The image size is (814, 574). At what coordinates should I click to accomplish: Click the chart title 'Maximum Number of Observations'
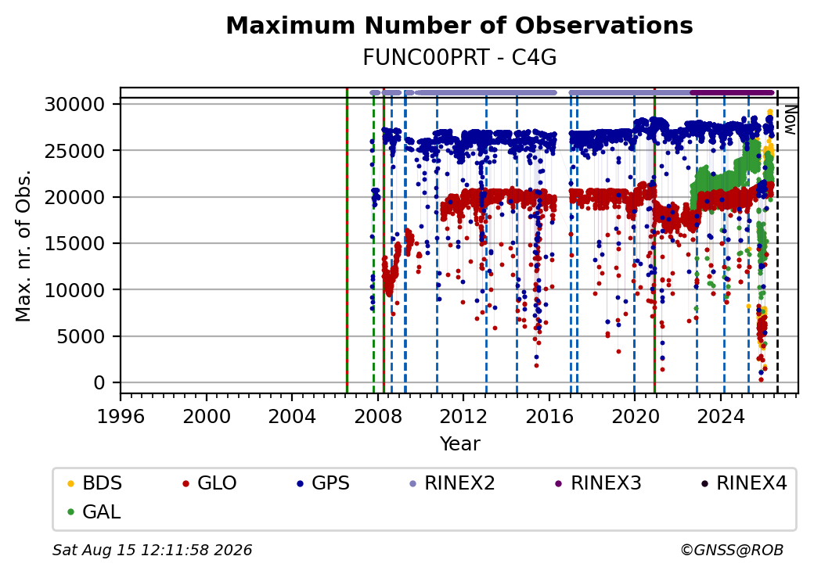(x=459, y=25)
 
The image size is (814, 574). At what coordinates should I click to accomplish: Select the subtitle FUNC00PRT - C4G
(x=459, y=58)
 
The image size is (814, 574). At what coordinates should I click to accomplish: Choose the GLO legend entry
(x=210, y=483)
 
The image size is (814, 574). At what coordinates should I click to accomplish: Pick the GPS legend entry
(x=323, y=483)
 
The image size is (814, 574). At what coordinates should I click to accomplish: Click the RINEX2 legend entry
(x=452, y=483)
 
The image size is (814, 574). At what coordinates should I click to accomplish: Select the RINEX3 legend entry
(x=599, y=483)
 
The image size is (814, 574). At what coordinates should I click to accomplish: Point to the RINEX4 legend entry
(x=744, y=483)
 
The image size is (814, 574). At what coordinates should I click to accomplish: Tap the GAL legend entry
(x=95, y=511)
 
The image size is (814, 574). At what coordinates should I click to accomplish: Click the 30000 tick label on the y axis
(x=75, y=105)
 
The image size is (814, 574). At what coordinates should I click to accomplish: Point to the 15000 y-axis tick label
(x=75, y=244)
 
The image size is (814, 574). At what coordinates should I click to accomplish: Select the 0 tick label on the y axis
(x=99, y=383)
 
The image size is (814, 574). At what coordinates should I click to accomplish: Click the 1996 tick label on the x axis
(x=121, y=416)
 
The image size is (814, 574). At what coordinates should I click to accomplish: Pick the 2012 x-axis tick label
(x=463, y=416)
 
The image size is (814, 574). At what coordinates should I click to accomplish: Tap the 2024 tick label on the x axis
(x=721, y=416)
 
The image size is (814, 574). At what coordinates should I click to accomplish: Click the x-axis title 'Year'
(x=460, y=444)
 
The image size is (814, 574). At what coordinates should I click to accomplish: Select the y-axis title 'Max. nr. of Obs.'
(x=23, y=246)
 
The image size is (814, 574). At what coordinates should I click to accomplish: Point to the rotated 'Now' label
(x=791, y=120)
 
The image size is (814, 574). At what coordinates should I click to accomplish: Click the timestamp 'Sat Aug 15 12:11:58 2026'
(x=152, y=550)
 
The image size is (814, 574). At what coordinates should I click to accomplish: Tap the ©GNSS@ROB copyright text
(x=732, y=550)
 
